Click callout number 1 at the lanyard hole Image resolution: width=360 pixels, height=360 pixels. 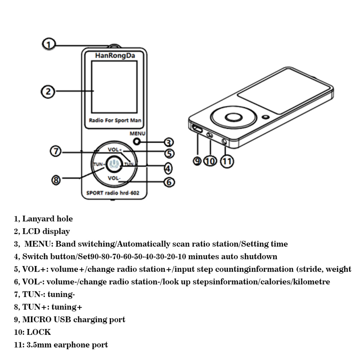49,44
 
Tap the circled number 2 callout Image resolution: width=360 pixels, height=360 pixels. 48,91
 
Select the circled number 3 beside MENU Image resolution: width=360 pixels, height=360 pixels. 167,141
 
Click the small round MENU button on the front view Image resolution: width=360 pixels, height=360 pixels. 136,141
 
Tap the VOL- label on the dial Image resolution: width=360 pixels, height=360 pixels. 114,179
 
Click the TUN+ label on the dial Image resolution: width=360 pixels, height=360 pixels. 99,164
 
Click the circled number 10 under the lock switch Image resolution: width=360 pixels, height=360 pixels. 210,161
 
